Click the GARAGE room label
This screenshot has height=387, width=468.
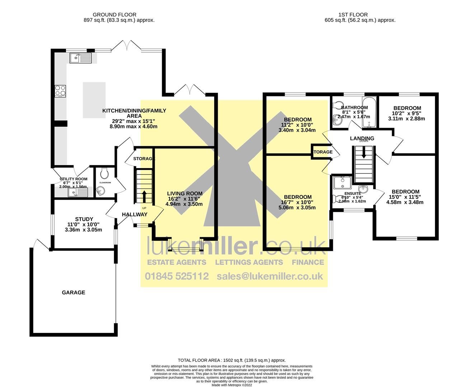tap(74, 292)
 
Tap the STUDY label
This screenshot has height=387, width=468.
tap(84, 219)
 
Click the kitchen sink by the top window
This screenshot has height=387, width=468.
tap(81, 58)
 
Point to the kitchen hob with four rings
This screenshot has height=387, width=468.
tap(60, 91)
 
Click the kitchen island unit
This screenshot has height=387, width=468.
tap(94, 100)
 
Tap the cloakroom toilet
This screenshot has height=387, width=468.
tap(105, 174)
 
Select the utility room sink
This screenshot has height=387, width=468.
tap(77, 193)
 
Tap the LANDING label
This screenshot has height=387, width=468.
tap(362, 138)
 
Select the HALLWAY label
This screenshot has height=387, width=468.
tap(134, 214)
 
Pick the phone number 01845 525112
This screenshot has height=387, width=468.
tap(177, 276)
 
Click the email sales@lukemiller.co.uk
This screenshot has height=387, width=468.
tap(270, 276)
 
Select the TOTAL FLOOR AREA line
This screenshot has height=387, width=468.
tap(232, 360)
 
